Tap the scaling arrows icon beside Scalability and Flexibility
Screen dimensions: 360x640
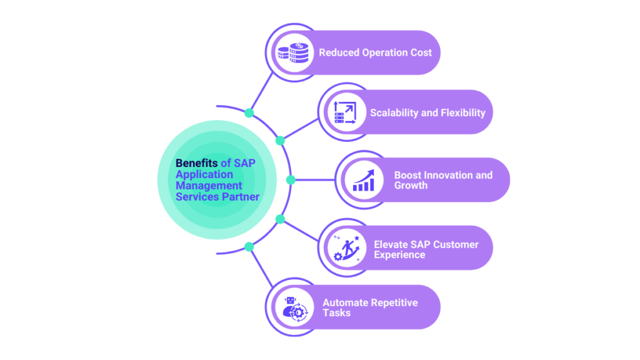coord(344,113)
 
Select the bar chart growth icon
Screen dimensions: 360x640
coord(364,180)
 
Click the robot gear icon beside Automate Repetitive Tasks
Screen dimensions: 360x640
coord(293,307)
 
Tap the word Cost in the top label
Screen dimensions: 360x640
coord(420,52)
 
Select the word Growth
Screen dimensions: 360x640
coord(411,186)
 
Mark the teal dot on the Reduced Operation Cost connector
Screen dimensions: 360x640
coord(249,113)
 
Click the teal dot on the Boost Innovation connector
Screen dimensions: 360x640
coord(291,180)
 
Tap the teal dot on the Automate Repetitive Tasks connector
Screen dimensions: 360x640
coord(249,246)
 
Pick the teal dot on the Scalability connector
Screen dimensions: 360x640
coord(280,141)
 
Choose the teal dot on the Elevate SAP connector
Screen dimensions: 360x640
coord(280,219)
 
